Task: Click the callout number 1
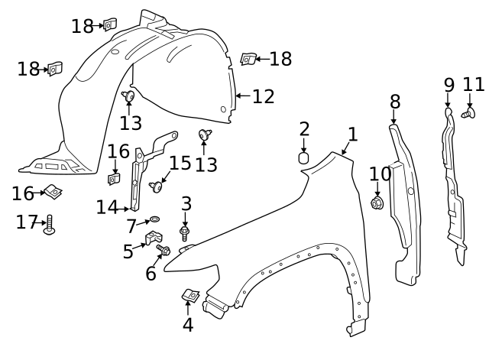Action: pyautogui.click(x=352, y=135)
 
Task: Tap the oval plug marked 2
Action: pyautogui.click(x=303, y=159)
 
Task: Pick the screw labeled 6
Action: pyautogui.click(x=164, y=250)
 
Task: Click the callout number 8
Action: pyautogui.click(x=394, y=101)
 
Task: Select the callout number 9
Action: pyautogui.click(x=449, y=84)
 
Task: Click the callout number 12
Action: pyautogui.click(x=263, y=96)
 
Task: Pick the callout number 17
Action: pyautogui.click(x=27, y=222)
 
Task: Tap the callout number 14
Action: pyautogui.click(x=108, y=206)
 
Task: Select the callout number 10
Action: pyautogui.click(x=379, y=174)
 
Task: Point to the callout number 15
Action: pyautogui.click(x=180, y=164)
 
